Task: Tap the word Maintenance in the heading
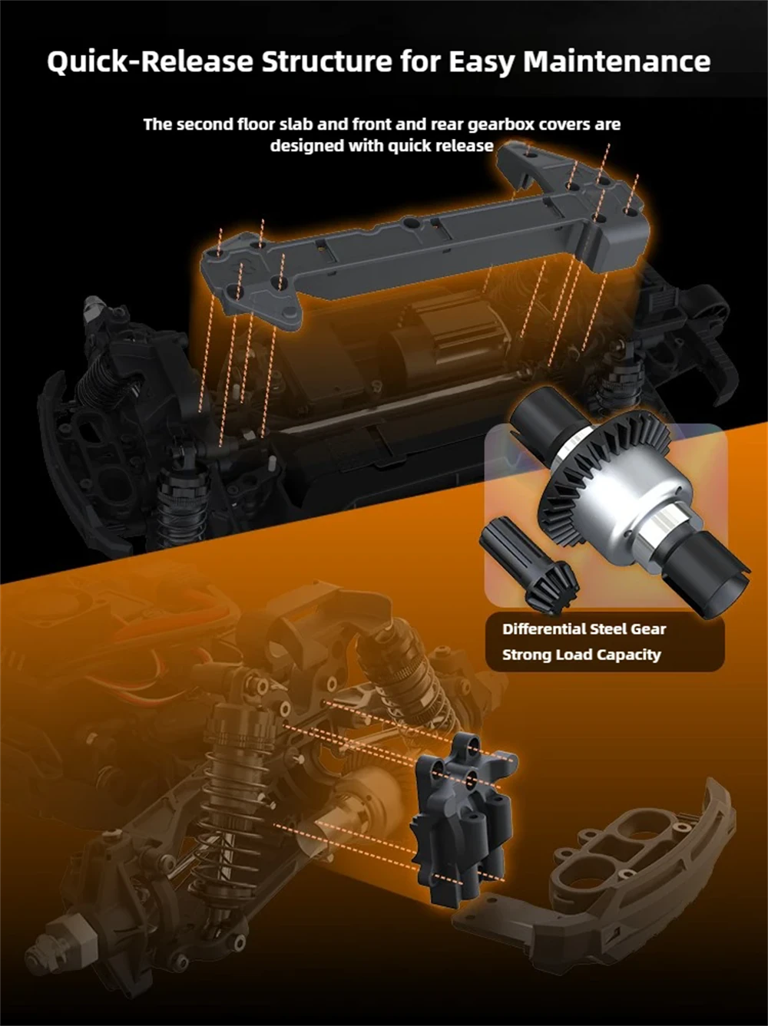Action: tap(617, 61)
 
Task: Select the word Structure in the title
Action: tap(326, 61)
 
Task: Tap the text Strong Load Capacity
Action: tap(581, 655)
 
